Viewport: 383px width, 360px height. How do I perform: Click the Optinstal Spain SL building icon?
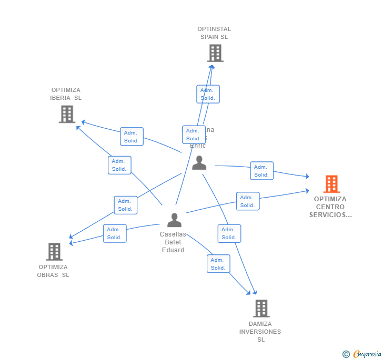click(x=215, y=53)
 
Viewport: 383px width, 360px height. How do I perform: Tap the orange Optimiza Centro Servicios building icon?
click(x=331, y=184)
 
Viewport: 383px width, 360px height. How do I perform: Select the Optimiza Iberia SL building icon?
click(x=67, y=114)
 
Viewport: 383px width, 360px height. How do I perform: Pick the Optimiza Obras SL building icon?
click(x=54, y=252)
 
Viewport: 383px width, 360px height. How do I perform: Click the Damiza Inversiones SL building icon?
click(x=261, y=308)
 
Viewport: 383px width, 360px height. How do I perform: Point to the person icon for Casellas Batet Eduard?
click(x=174, y=220)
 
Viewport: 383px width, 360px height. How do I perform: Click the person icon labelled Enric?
click(x=199, y=163)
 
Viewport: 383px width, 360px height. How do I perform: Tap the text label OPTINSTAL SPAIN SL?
click(x=214, y=33)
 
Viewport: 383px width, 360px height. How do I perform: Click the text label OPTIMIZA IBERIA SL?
click(x=66, y=94)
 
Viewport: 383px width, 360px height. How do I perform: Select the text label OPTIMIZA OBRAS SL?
click(x=53, y=271)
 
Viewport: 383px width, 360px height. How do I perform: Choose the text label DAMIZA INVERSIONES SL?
click(x=260, y=332)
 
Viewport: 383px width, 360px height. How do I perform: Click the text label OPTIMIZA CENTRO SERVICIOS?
click(x=330, y=207)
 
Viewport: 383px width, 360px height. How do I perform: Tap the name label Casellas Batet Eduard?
click(x=173, y=242)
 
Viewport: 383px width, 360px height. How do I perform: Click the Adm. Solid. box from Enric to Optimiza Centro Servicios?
click(x=261, y=171)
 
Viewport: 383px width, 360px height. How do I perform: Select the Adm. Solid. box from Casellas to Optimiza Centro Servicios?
click(x=247, y=201)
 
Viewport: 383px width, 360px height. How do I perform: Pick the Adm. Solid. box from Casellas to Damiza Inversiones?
click(x=218, y=264)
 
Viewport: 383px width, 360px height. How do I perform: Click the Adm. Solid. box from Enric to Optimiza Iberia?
click(x=132, y=137)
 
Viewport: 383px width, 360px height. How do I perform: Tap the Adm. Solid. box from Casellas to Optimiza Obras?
click(x=114, y=233)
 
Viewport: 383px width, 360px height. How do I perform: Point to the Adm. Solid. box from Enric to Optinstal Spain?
click(x=208, y=94)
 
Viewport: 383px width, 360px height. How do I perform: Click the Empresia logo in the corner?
click(x=362, y=354)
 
